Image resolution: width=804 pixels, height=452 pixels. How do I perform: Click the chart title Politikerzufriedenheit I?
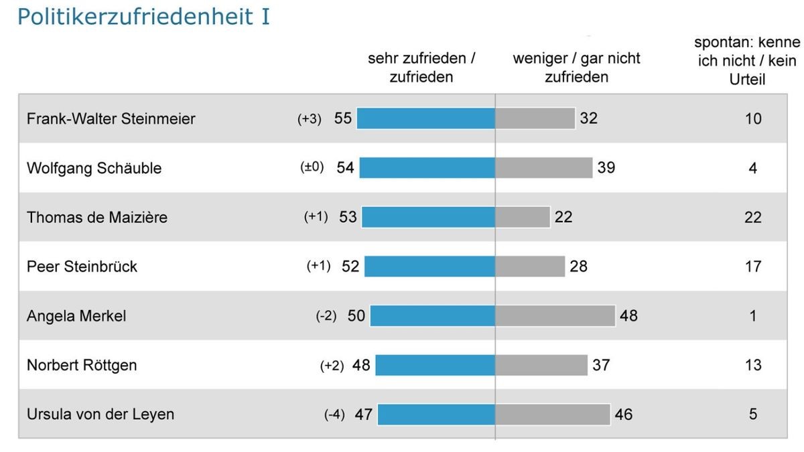click(x=143, y=17)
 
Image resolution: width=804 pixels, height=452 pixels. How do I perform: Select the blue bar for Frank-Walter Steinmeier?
click(x=425, y=119)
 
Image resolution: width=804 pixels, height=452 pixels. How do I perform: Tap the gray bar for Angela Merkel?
click(x=555, y=315)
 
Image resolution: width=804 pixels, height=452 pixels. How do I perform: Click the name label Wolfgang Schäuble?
click(x=94, y=168)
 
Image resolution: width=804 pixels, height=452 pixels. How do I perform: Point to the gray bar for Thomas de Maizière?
click(x=523, y=217)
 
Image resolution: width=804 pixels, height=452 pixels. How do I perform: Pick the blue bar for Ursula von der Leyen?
click(x=436, y=415)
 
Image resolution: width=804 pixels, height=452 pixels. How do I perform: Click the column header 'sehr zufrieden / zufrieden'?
click(x=421, y=68)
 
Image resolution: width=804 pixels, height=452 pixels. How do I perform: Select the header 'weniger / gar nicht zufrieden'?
click(x=576, y=68)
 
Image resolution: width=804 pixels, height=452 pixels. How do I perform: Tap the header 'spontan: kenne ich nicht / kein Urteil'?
click(x=747, y=62)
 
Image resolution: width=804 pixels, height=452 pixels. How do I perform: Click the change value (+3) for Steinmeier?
click(x=310, y=119)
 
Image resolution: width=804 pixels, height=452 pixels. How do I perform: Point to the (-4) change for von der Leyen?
click(x=334, y=415)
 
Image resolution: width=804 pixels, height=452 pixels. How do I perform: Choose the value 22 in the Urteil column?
click(x=753, y=217)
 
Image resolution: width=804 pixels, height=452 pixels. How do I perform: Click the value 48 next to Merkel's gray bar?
click(x=628, y=315)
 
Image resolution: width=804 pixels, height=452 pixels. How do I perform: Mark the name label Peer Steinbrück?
click(x=82, y=267)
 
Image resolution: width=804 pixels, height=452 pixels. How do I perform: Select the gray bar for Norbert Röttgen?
click(x=541, y=365)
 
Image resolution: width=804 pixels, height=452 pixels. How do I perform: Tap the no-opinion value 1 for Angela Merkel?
click(x=753, y=315)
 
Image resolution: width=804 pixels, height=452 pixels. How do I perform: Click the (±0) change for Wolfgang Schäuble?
click(x=312, y=168)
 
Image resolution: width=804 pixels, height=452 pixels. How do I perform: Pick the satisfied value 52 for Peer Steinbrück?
click(x=350, y=267)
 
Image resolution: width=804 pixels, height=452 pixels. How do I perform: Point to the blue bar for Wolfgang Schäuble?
click(x=427, y=168)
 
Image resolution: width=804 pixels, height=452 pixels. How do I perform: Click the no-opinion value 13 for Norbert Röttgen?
click(x=753, y=365)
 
